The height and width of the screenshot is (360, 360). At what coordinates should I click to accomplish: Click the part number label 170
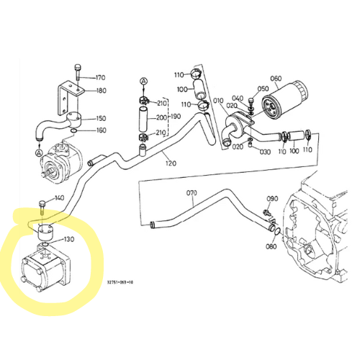(100, 77)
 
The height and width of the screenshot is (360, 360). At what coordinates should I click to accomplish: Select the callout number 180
(101, 91)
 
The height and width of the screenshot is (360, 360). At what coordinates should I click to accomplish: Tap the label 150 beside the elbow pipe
(101, 118)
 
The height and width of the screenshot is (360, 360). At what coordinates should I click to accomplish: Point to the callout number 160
(101, 130)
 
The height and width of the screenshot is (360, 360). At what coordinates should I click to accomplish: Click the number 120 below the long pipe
(170, 163)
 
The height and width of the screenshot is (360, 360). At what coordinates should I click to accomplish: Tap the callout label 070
(192, 193)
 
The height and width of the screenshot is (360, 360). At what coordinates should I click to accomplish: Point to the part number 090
(272, 199)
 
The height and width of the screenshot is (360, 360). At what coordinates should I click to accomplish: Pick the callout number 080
(270, 246)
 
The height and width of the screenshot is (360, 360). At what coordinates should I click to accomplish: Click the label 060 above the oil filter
(275, 78)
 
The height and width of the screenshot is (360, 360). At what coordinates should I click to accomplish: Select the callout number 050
(264, 89)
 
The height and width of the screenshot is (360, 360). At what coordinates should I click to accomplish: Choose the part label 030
(265, 152)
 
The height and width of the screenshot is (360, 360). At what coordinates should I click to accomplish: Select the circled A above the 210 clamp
(143, 81)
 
